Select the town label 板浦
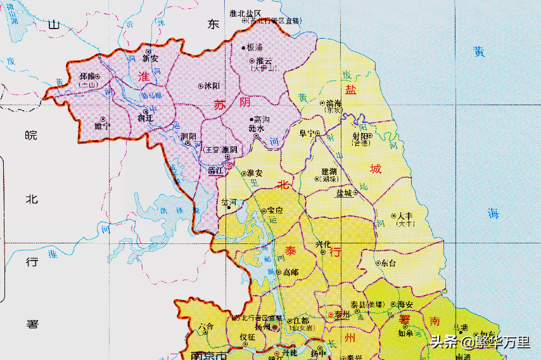click(x=255, y=48)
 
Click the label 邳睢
click(x=87, y=76)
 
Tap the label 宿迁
click(x=145, y=119)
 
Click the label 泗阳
click(x=188, y=136)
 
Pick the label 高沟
click(x=261, y=119)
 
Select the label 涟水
click(x=256, y=128)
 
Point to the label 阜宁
click(x=308, y=134)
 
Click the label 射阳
click(x=360, y=136)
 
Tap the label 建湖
click(x=329, y=171)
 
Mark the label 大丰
click(x=405, y=216)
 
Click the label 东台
click(x=388, y=262)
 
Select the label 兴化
click(x=323, y=244)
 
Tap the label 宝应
click(x=275, y=210)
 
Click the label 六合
click(x=206, y=327)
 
